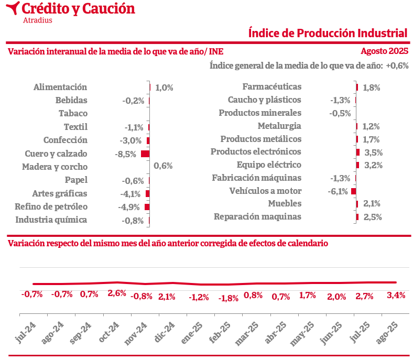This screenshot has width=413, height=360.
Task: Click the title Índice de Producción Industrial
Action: (328, 33)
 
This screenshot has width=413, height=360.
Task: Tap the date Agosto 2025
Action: (384, 51)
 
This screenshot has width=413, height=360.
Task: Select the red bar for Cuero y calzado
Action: (145, 154)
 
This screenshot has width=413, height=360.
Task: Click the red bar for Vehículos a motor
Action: (354, 191)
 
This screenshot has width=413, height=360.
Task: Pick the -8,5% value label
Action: (126, 154)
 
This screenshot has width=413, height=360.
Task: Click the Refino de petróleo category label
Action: (51, 206)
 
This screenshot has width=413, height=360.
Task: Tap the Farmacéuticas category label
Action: (272, 87)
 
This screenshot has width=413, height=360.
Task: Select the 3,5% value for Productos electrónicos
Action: (373, 153)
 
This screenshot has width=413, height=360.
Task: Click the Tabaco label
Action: (73, 113)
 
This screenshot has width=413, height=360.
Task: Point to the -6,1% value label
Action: (338, 191)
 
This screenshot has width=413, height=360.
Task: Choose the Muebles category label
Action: (285, 203)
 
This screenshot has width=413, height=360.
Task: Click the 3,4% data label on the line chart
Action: (396, 295)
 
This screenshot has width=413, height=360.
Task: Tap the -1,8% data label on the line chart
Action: (229, 298)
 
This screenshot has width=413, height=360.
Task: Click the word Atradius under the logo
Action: (38, 20)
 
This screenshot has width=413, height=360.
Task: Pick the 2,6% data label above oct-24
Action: (117, 293)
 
